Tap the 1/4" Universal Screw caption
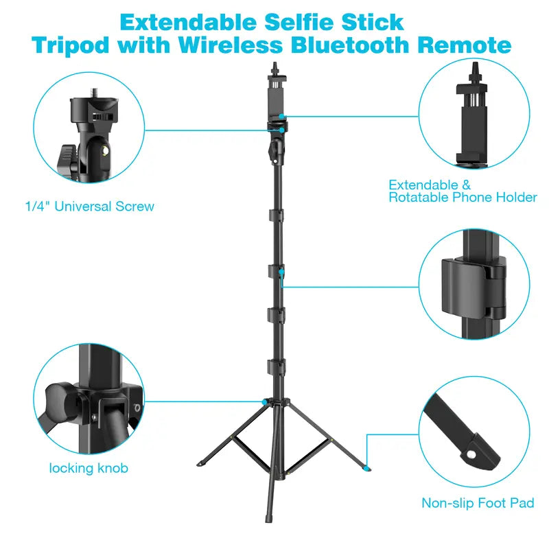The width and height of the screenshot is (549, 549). point(89,206)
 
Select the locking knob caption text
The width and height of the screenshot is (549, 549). point(89,469)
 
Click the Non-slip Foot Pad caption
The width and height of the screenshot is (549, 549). point(478,504)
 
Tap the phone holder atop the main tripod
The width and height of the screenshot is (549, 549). point(276,103)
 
